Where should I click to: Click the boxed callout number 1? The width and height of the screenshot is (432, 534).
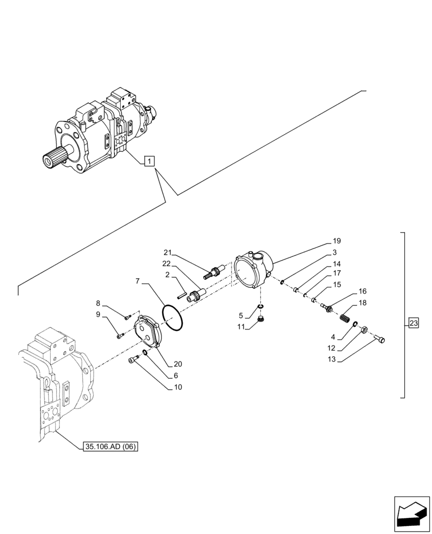pyautogui.click(x=150, y=160)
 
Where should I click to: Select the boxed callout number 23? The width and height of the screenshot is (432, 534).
pyautogui.click(x=413, y=323)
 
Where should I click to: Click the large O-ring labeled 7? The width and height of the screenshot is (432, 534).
pyautogui.click(x=173, y=317)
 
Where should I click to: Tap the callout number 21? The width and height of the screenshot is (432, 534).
pyautogui.click(x=167, y=253)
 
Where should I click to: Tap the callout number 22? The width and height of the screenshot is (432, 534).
pyautogui.click(x=167, y=263)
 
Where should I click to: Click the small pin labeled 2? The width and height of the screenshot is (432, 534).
pyautogui.click(x=182, y=292)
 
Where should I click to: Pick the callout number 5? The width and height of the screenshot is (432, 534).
pyautogui.click(x=241, y=316)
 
